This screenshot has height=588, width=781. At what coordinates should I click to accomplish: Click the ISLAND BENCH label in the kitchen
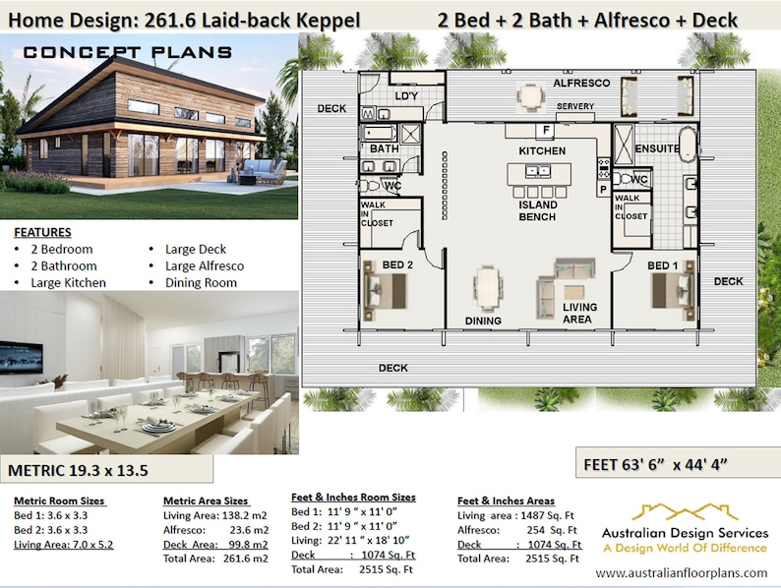tap(538, 210)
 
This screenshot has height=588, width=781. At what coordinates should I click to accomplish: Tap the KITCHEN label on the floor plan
tap(542, 151)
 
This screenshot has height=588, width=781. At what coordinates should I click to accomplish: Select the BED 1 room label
tap(662, 266)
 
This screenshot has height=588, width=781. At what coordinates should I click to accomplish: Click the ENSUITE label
tap(657, 149)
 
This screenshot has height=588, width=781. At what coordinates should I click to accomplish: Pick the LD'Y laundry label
tap(406, 96)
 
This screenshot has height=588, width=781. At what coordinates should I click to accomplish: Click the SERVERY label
tap(575, 106)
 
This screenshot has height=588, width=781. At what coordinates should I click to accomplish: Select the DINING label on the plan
tap(482, 321)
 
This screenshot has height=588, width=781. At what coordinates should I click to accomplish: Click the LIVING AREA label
tap(579, 314)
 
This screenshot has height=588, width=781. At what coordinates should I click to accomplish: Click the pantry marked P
tap(602, 190)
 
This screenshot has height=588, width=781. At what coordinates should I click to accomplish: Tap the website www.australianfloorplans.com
tap(682, 572)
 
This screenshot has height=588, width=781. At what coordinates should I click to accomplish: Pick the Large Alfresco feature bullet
tap(205, 265)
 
